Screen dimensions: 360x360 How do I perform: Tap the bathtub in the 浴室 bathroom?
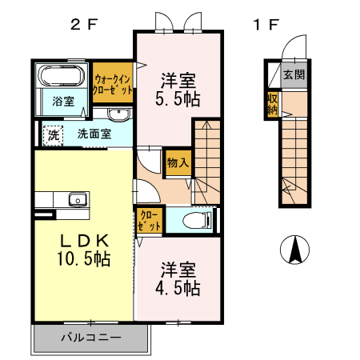click(61, 78)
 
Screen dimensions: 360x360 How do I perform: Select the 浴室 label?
click(63, 102)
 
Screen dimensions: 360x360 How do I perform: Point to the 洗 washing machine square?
click(53, 135)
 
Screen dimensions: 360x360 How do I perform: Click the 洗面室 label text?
click(94, 134)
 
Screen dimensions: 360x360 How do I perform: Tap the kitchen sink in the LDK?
click(78, 199)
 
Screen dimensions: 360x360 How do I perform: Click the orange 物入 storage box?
click(178, 162)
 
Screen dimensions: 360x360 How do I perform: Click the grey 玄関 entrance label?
click(294, 75)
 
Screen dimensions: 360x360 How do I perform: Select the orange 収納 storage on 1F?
click(273, 103)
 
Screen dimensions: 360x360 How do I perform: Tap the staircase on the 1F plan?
click(293, 160)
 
